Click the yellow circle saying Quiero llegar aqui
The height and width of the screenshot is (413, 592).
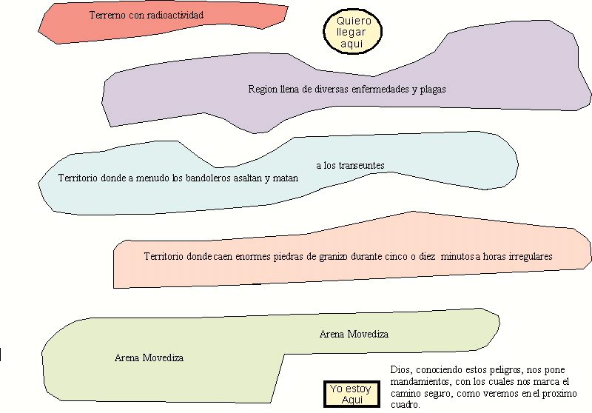pos(353,32)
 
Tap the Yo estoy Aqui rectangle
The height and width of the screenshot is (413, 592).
pos(351,394)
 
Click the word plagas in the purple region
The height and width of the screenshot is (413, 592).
pos(433,90)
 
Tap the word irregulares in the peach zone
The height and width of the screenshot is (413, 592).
pos(531,257)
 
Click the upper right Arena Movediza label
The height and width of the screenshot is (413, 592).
pos(354,334)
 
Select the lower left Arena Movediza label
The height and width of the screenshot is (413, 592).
pos(149,358)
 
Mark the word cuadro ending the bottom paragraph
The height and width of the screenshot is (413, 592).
pos(405,405)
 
